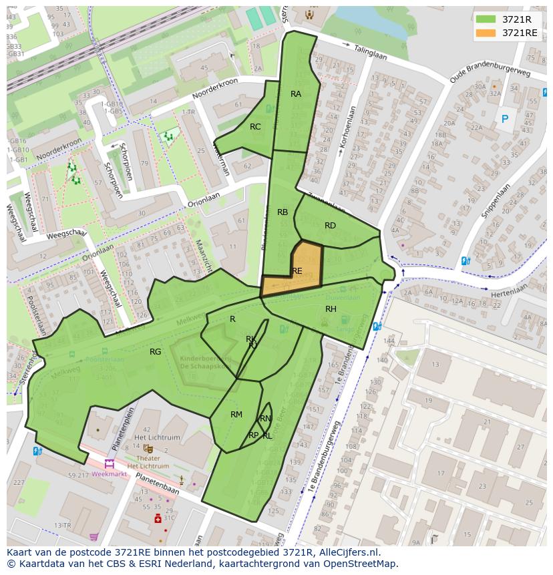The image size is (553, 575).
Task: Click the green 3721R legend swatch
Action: (x=486, y=19)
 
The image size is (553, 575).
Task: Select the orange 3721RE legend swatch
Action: (x=486, y=33)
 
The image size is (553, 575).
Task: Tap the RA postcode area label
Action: (x=296, y=94)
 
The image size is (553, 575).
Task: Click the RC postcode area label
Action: (x=255, y=127)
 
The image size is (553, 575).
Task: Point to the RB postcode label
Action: (x=283, y=212)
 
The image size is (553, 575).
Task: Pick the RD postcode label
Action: (x=330, y=226)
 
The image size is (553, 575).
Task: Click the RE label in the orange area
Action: (x=297, y=271)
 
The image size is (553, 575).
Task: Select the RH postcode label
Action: (x=331, y=309)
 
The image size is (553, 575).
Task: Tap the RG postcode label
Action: (x=155, y=352)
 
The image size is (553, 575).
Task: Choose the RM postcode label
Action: (x=236, y=415)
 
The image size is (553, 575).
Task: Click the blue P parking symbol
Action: (x=504, y=120)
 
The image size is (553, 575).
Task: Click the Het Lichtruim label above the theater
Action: (x=158, y=437)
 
